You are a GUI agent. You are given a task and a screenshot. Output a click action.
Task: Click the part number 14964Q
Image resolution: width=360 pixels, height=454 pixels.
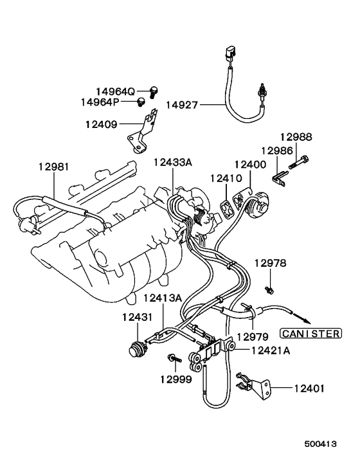coord(116,91)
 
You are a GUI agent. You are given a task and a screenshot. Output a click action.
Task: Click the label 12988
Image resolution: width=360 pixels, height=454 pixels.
coord(295,136)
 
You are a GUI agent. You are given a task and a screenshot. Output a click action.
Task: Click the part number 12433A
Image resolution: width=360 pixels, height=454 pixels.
coord(172,163)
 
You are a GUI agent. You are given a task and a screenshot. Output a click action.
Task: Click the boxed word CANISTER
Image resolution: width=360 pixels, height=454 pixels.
coord(309,333)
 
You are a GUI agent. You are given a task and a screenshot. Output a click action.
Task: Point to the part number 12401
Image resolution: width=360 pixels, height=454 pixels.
coord(309,388)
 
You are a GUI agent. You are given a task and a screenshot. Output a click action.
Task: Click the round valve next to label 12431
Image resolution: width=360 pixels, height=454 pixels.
coord(137,348)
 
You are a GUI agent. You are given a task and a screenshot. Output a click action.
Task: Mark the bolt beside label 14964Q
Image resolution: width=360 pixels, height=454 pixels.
coord(154,91)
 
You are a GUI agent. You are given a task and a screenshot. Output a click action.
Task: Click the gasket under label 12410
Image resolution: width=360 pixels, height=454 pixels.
coord(225,208)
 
